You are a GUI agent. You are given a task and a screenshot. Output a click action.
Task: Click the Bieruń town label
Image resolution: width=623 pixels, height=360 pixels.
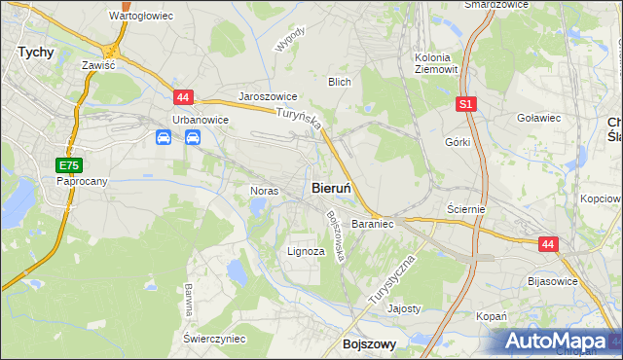tap(332, 187)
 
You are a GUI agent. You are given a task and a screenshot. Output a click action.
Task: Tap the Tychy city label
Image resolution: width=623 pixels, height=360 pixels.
tap(35, 54)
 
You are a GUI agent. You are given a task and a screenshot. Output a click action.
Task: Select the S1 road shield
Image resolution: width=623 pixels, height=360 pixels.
tap(467, 103)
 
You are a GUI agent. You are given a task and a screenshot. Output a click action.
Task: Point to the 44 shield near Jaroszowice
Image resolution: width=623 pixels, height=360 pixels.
tap(184, 96)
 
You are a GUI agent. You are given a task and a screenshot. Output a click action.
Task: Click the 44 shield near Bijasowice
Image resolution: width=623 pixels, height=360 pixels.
tap(548, 246)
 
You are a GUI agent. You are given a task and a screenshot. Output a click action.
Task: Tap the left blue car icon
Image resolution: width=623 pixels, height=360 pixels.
tap(164, 138)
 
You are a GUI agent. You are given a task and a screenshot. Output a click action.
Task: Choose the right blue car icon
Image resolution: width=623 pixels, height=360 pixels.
tap(192, 138)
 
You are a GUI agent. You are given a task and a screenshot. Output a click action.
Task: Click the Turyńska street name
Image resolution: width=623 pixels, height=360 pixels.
tap(299, 123)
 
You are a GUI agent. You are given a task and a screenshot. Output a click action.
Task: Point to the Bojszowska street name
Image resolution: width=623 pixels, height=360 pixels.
tap(336, 236)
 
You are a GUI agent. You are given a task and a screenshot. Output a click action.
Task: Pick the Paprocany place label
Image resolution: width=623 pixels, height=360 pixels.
tap(81, 181)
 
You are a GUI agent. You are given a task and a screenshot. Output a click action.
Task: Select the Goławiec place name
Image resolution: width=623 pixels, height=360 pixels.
tap(539, 118)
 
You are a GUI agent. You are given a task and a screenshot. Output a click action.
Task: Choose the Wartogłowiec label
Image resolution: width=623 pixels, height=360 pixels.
tap(140, 17)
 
